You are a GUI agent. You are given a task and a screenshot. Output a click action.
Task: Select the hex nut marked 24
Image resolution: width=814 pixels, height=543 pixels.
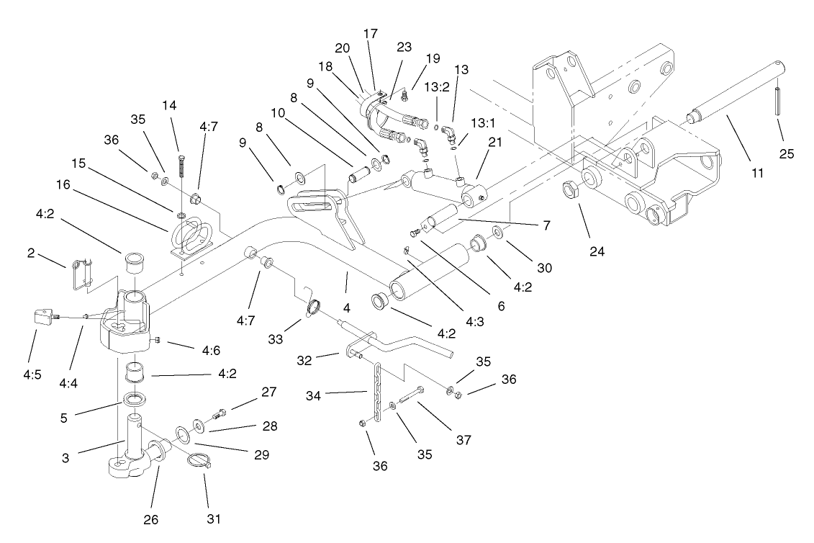[x=569, y=192]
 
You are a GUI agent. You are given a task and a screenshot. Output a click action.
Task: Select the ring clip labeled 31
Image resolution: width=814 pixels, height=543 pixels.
[x=201, y=462]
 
